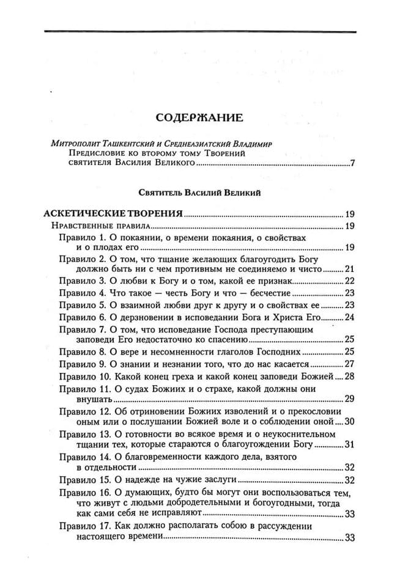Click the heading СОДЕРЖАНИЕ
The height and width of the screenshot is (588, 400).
pos(199,117)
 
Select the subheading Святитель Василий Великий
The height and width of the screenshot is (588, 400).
pos(200,193)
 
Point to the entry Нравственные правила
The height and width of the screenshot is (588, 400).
pos(89,226)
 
